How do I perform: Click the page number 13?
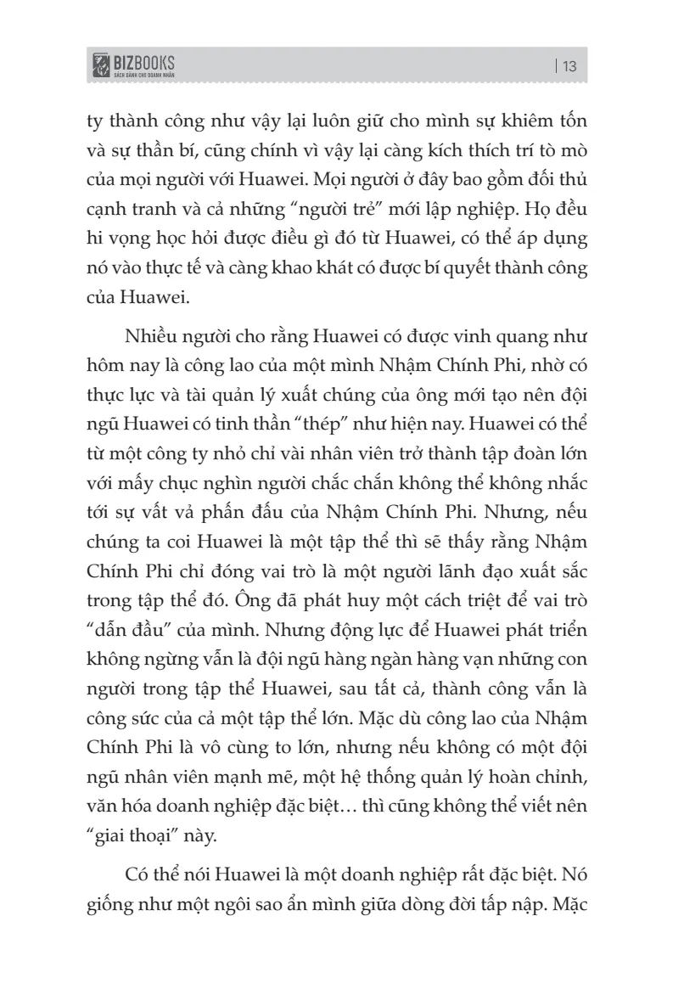click(569, 66)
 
